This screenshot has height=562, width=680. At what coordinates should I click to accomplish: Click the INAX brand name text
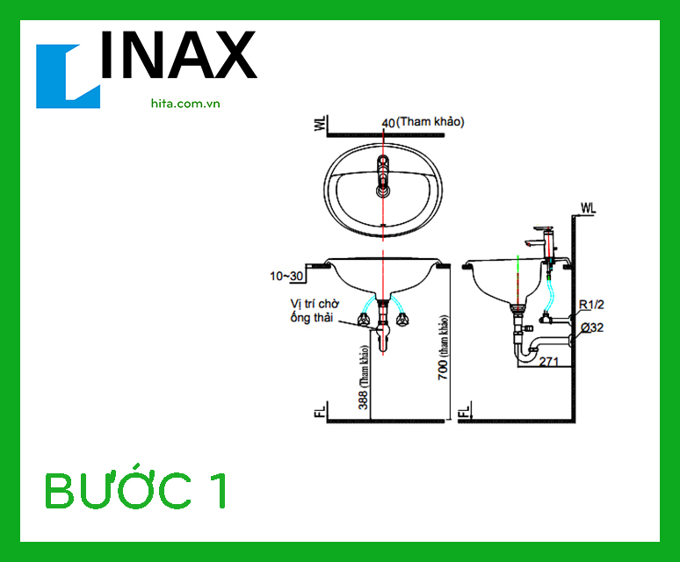pos(179,56)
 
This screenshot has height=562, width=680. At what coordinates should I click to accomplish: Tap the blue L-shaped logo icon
pos(68,76)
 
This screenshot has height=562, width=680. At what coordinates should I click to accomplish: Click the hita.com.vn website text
pos(184,103)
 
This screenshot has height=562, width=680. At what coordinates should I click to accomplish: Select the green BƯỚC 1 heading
pos(137,491)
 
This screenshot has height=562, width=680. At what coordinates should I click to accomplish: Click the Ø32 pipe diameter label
pos(591,328)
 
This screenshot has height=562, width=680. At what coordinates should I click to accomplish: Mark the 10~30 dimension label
pos(286,277)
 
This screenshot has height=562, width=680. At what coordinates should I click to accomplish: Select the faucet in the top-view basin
pos(383,175)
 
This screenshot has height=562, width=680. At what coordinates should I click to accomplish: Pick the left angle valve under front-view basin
pos(363,317)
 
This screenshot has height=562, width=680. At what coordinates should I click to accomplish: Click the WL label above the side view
pos(587,208)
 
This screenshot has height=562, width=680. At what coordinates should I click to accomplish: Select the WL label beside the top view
pos(321,126)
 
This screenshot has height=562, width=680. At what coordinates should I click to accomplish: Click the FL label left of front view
pos(321,411)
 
